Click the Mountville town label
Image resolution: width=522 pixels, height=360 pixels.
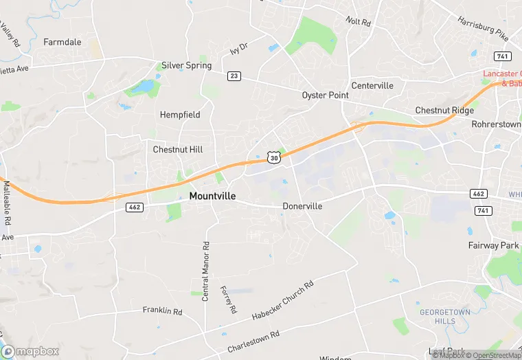[212, 196]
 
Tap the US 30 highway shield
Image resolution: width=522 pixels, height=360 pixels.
[274, 157]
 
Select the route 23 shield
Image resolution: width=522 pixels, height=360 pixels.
[234, 76]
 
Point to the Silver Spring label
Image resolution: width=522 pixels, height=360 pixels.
[186, 66]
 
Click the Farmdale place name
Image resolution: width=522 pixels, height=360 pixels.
[63, 42]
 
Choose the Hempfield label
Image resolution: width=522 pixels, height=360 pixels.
[180, 115]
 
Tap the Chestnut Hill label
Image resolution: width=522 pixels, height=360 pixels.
[178, 149]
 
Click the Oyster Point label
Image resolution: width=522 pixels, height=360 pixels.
[326, 95]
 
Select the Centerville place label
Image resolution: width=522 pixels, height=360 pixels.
[372, 85]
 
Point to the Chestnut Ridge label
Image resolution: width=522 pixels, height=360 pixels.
[444, 111]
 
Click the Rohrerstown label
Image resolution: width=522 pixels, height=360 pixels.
[496, 124]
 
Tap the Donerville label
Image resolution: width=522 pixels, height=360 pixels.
[302, 206]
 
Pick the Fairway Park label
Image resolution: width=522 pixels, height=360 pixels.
[493, 245]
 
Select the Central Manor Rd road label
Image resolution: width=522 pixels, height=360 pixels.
[205, 271]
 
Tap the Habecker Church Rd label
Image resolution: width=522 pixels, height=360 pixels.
[282, 300]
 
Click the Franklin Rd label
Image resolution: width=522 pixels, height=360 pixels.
[162, 311]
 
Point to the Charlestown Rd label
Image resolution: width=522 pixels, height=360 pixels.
[255, 336]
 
